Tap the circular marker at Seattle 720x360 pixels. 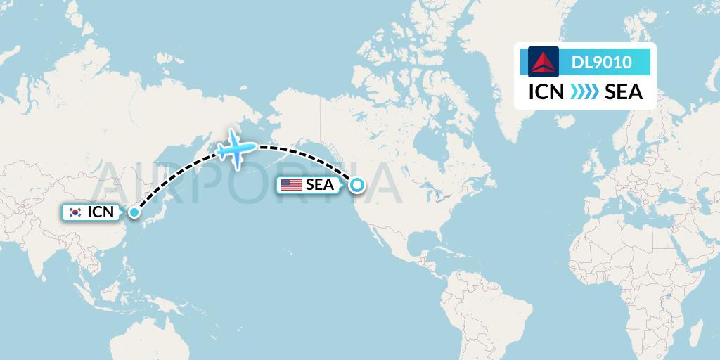pyautogui.click(x=357, y=185)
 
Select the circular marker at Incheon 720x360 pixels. pyautogui.click(x=134, y=211)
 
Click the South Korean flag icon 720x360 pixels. pyautogui.click(x=75, y=212)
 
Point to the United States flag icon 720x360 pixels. pyautogui.click(x=290, y=185)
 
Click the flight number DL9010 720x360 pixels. pyautogui.click(x=601, y=62)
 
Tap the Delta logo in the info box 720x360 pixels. pyautogui.click(x=543, y=62)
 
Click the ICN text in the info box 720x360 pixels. pyautogui.click(x=546, y=92)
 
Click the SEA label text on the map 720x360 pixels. pyautogui.click(x=319, y=185)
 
